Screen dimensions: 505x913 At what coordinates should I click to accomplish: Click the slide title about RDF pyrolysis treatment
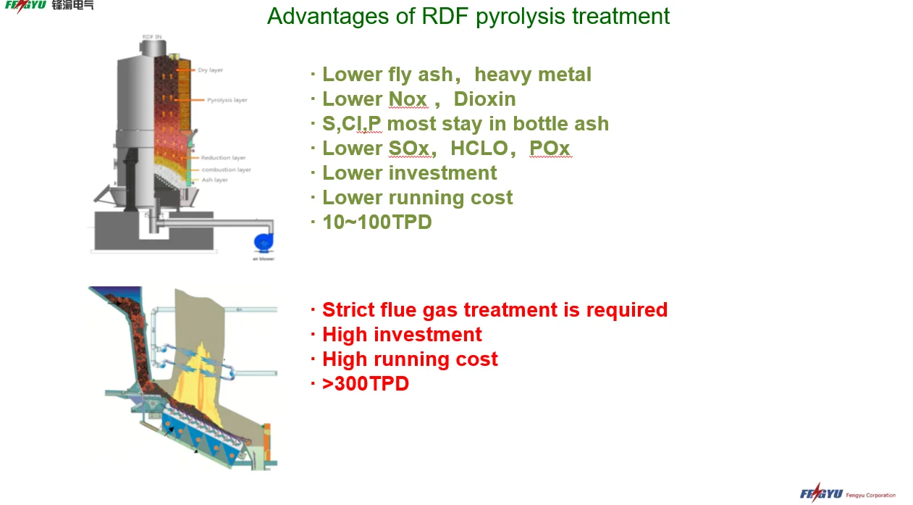pos(468,16)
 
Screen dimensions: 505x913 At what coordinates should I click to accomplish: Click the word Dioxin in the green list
pos(484,99)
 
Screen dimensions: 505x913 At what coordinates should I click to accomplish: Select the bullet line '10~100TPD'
pos(376,222)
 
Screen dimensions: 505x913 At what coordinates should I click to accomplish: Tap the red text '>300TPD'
pos(366,384)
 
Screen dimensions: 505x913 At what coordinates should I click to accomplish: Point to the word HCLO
pos(479,149)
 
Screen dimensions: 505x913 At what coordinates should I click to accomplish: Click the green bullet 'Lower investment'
pos(409,173)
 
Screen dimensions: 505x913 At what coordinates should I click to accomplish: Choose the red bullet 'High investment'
pos(402,335)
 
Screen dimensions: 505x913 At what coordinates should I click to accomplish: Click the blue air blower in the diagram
pos(263,242)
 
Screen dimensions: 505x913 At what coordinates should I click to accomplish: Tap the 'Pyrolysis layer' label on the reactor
pos(227,100)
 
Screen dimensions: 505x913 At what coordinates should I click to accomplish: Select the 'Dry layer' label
pos(210,70)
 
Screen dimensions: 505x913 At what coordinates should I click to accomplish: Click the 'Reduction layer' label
pos(224,158)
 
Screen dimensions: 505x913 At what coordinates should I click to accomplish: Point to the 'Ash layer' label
pos(214,180)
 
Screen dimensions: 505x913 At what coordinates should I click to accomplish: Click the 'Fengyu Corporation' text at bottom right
pos(872,496)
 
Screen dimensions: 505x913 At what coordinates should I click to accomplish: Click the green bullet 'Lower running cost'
pos(417,198)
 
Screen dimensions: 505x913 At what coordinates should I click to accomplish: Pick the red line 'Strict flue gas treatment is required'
pos(495,310)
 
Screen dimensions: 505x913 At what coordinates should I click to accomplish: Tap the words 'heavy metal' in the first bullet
pos(533,75)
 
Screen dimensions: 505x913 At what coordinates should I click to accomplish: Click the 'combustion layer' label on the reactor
pos(226,170)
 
